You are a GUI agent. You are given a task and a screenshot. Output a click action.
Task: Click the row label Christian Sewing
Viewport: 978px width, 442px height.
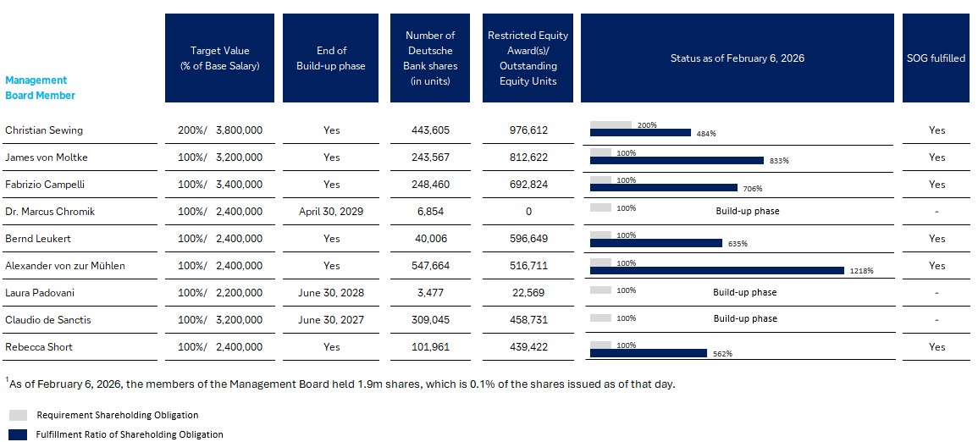[44, 130]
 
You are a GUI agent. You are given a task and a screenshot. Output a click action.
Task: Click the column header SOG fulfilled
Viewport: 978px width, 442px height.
[936, 58]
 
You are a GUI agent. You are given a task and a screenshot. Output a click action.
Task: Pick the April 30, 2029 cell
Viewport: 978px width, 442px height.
[331, 211]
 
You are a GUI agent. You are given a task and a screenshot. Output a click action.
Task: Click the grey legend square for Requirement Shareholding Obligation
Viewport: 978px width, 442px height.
[18, 415]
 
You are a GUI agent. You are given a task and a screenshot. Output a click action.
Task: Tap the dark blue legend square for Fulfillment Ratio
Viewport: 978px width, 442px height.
[18, 434]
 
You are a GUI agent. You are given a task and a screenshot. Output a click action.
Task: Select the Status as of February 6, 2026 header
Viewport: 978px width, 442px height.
[737, 58]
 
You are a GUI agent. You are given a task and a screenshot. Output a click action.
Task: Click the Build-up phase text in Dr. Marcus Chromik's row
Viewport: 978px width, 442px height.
[748, 211]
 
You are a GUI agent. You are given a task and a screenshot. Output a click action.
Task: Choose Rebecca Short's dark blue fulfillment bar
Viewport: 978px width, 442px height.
[648, 353]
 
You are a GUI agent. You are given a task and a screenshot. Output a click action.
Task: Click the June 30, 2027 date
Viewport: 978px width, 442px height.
[331, 319]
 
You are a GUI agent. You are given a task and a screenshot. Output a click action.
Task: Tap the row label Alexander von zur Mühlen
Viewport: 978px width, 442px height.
[65, 266]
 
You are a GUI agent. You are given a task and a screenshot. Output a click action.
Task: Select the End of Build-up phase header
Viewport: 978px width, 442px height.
[331, 58]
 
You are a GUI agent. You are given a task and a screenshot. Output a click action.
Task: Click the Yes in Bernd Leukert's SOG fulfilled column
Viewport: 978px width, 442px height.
[936, 239]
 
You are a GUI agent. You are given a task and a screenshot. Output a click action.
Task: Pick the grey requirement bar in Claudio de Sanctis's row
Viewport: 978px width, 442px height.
[601, 318]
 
